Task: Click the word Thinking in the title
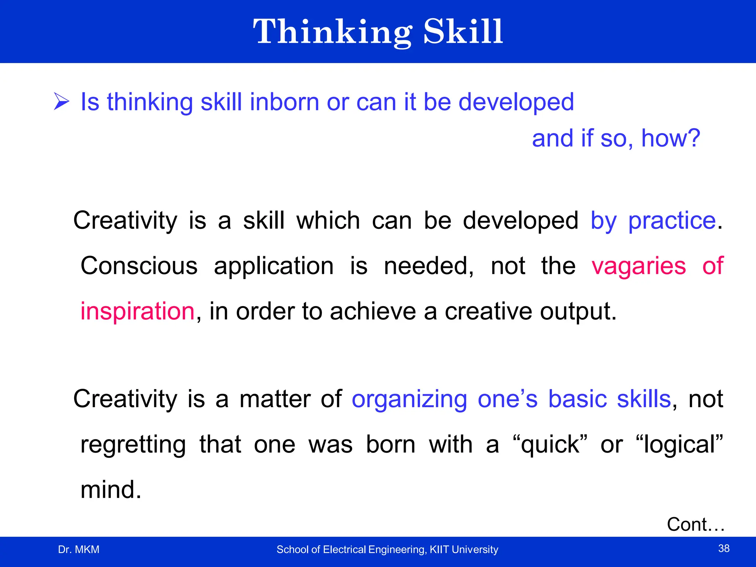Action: [x=332, y=32]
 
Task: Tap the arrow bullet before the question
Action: [x=61, y=102]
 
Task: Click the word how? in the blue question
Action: [x=670, y=138]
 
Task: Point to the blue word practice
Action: [x=672, y=221]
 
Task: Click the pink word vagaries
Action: [x=639, y=266]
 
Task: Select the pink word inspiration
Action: [x=137, y=311]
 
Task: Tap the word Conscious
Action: [x=139, y=266]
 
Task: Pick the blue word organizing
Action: [x=409, y=400]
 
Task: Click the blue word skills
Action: [x=644, y=399]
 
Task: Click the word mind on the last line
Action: [x=107, y=490]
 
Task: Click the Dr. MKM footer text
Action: [x=79, y=550]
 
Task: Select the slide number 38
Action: [x=724, y=549]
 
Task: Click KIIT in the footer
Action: [x=439, y=550]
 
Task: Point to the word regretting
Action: [x=133, y=444]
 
